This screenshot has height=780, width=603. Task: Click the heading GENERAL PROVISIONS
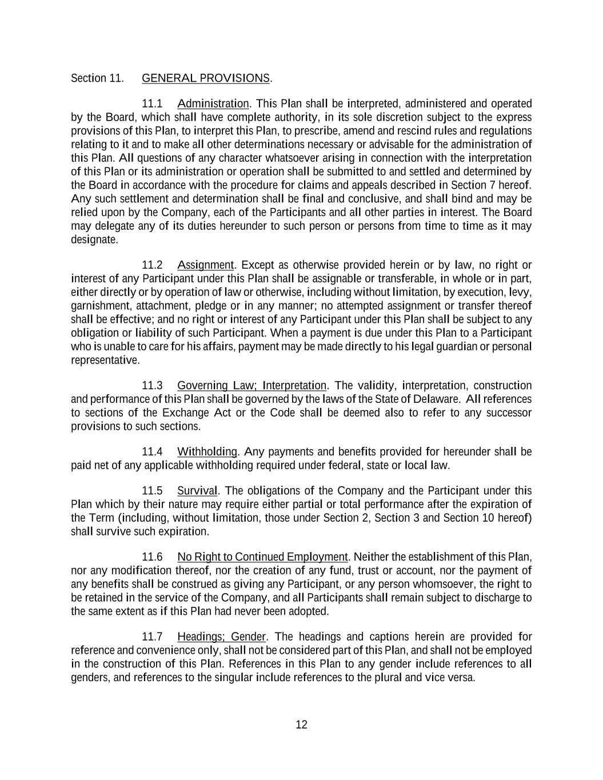[x=206, y=78]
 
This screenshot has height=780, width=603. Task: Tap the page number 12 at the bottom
[x=301, y=725]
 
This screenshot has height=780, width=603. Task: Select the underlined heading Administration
[x=213, y=104]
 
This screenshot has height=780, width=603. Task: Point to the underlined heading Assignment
[x=205, y=265]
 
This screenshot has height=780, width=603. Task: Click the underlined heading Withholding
[x=207, y=452]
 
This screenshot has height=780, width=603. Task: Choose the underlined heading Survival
[x=197, y=491]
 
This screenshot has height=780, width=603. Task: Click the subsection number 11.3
[x=152, y=386]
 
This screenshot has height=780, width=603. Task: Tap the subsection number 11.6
[x=152, y=557]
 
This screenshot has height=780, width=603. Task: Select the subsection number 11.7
[x=152, y=637]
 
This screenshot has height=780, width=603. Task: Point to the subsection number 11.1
[x=152, y=104]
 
